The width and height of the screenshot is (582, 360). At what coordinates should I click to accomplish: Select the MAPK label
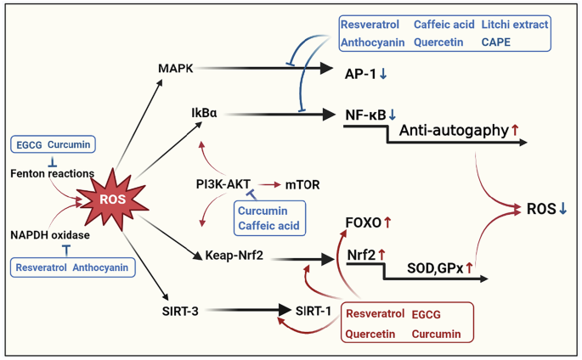tap(176, 67)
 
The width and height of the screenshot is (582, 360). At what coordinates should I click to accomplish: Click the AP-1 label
tap(360, 73)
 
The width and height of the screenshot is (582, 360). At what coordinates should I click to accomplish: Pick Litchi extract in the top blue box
tap(514, 25)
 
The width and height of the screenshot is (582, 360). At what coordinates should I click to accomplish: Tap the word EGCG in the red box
tap(428, 315)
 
